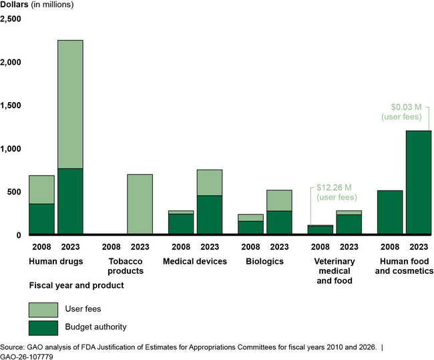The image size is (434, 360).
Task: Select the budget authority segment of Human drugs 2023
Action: (70, 202)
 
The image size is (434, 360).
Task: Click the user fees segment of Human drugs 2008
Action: (41, 190)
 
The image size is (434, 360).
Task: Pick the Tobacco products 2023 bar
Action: (140, 204)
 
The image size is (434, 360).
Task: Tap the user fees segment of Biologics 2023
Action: (279, 200)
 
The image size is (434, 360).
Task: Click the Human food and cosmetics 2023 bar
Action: (418, 183)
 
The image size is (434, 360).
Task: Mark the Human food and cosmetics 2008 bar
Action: (390, 212)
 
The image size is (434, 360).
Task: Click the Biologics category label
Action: (265, 261)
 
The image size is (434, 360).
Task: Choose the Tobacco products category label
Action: (126, 266)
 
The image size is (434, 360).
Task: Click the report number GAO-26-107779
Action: (27, 357)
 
